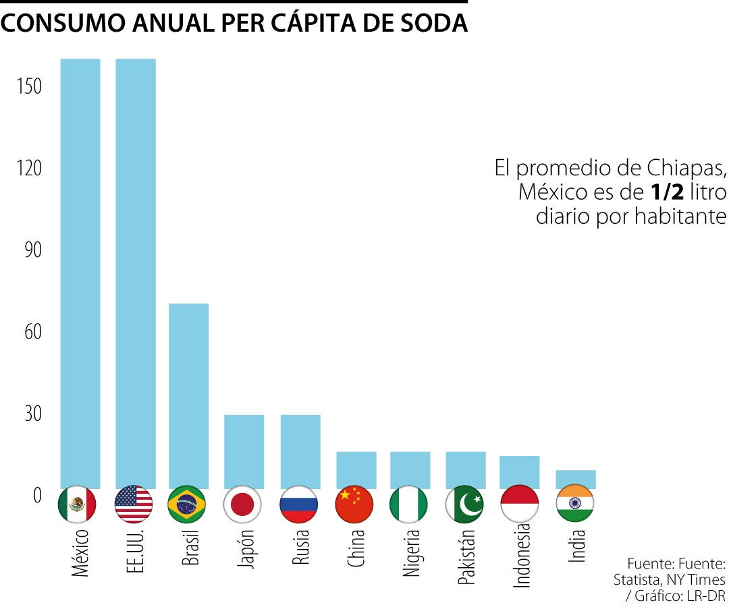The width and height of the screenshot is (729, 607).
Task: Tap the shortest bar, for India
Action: point(576,479)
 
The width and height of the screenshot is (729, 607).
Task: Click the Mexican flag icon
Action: point(78,504)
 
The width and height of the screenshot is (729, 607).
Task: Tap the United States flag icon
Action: point(134,504)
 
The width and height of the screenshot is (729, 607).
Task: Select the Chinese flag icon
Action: point(354,504)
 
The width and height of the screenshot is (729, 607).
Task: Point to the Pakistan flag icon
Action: point(465,504)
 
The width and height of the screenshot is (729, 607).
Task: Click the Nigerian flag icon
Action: point(409,504)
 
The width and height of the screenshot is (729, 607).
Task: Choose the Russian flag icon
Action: point(299,504)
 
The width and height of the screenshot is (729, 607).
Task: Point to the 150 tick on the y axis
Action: point(29,86)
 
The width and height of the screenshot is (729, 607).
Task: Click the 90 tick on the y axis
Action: point(32,250)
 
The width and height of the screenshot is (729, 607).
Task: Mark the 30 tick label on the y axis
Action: point(32,413)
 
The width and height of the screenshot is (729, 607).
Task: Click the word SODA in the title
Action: point(435,24)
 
